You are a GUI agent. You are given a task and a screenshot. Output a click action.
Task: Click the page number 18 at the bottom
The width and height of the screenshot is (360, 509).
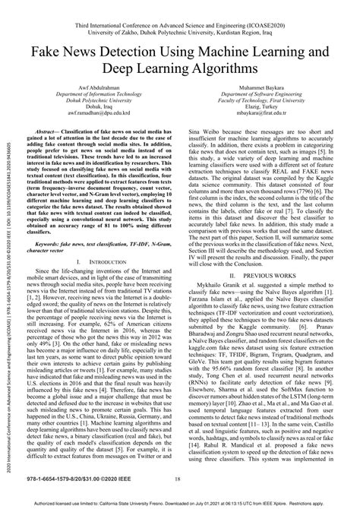click(177, 479)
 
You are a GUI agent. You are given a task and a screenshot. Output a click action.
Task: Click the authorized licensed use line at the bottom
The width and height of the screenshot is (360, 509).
click(180, 503)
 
